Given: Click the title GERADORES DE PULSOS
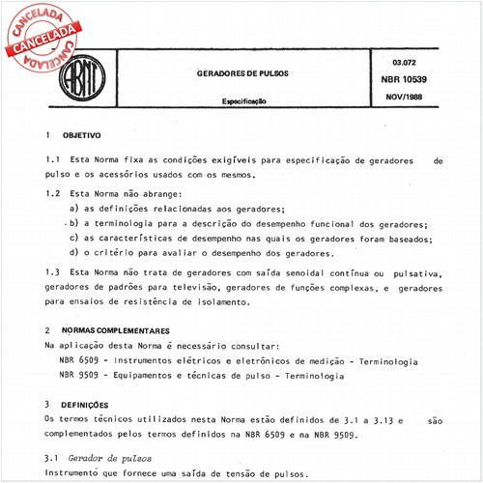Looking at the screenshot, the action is (x=234, y=73).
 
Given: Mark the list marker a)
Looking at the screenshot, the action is (x=74, y=209).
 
